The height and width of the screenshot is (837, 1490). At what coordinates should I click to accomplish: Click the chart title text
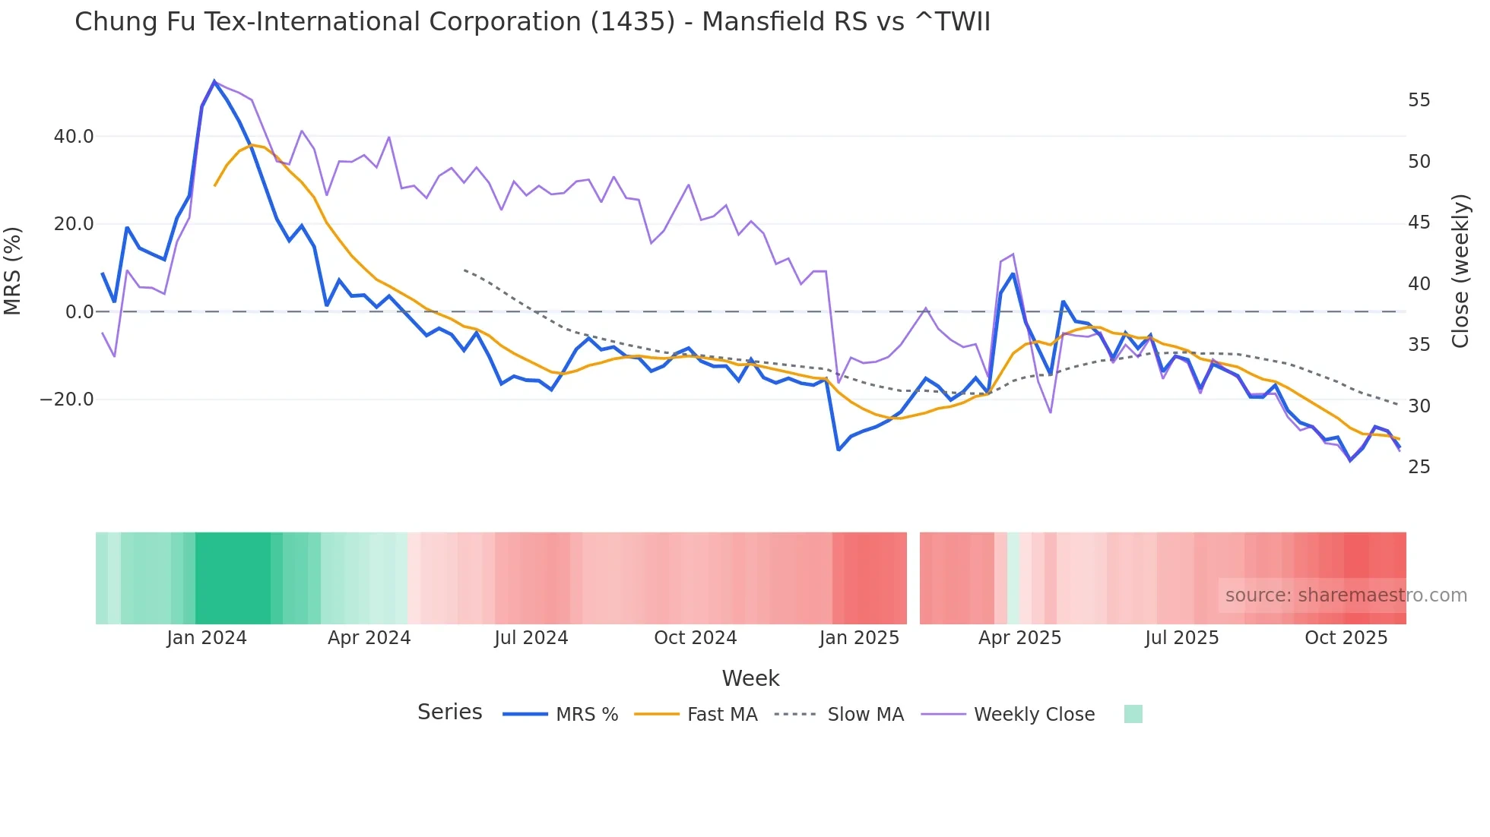click(532, 22)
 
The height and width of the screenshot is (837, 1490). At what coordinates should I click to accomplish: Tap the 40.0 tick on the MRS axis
click(74, 137)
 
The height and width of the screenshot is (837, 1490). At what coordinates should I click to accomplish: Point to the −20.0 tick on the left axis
click(67, 400)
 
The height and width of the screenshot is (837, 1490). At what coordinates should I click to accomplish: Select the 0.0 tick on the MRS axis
click(80, 312)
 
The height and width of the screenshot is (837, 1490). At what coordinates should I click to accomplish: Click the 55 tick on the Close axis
click(1419, 100)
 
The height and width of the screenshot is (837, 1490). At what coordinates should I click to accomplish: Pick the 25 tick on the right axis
click(1419, 467)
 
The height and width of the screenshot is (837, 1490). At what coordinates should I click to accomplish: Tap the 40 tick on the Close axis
click(1419, 284)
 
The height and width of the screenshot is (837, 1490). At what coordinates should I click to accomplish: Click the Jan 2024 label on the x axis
click(207, 638)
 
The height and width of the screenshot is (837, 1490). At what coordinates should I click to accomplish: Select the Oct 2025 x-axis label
click(1346, 638)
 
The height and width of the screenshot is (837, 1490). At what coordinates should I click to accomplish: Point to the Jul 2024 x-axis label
click(531, 638)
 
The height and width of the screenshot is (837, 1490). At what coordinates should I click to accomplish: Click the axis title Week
click(750, 678)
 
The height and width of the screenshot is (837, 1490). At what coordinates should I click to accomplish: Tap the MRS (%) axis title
click(13, 270)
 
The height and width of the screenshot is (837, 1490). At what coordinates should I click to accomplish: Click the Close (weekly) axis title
click(1460, 270)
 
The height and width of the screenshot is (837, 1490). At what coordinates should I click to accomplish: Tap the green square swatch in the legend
click(1133, 714)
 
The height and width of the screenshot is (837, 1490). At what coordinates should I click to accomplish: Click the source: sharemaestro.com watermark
click(1346, 595)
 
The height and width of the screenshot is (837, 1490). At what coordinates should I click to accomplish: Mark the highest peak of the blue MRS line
click(214, 81)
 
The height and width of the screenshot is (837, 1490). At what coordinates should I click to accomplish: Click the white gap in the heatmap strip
click(913, 578)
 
